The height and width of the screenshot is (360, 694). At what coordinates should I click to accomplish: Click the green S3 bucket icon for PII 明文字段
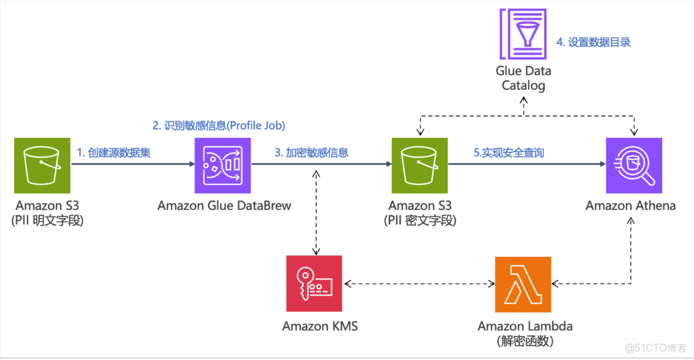(x=42, y=166)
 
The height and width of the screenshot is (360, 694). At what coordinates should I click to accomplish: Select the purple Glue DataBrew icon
(x=223, y=166)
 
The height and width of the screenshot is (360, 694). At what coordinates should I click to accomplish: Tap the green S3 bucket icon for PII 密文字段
(x=420, y=166)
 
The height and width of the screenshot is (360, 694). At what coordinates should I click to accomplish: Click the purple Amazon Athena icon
(x=634, y=166)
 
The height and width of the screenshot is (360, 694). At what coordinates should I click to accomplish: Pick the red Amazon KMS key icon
(x=314, y=283)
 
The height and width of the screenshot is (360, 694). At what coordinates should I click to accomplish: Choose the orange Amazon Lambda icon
(x=523, y=283)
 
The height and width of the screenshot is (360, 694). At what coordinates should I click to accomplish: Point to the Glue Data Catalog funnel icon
(x=523, y=33)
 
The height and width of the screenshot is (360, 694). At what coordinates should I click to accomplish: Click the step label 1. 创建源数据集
(x=113, y=152)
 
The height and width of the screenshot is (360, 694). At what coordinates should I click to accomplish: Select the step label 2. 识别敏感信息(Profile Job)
(x=219, y=125)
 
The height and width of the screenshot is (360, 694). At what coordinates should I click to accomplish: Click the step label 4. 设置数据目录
(x=593, y=42)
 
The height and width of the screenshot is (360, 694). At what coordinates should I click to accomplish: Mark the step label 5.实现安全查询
(x=509, y=152)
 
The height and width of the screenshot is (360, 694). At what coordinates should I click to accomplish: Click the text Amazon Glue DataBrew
(x=224, y=206)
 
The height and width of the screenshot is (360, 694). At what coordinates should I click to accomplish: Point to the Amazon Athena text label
(x=630, y=206)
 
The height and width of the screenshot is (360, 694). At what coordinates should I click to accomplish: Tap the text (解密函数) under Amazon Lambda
(x=525, y=341)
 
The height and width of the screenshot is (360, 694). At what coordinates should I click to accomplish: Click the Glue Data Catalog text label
(x=523, y=78)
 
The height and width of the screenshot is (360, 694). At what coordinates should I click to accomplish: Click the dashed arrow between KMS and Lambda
(x=419, y=284)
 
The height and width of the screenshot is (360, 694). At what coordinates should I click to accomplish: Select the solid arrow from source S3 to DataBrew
(x=132, y=165)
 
